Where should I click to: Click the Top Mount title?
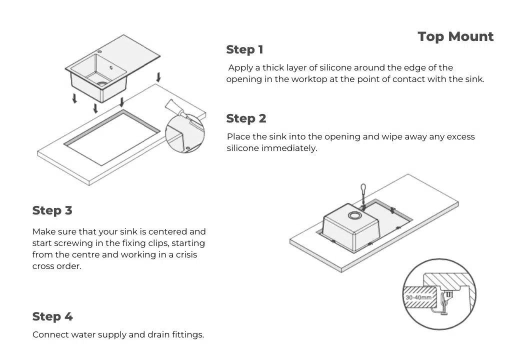point(455,37)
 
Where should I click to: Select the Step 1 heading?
point(244,49)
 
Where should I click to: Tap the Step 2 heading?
point(246,118)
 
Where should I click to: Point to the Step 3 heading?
point(52,210)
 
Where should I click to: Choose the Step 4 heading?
point(52,316)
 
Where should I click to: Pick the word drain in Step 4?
point(153,334)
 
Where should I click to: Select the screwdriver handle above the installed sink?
point(363,189)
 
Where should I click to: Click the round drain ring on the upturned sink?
point(354,215)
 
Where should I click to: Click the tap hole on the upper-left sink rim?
point(100,51)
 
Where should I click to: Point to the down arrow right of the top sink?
point(158,77)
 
